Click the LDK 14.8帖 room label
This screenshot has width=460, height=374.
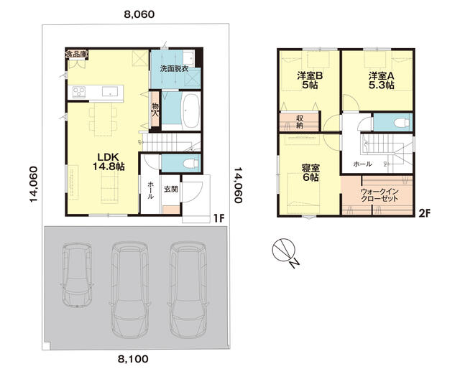tap(109, 162)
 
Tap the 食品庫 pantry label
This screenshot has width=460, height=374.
tap(76, 55)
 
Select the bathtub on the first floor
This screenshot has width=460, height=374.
tap(191, 111)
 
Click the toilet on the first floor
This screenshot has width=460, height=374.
tap(190, 163)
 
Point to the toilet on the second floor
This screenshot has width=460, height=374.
tap(401, 123)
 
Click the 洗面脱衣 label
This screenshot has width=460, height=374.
tap(174, 69)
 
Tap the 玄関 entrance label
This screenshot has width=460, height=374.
tap(171, 189)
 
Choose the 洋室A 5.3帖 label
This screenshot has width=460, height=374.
tap(382, 80)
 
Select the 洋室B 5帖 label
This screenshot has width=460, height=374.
tap(310, 80)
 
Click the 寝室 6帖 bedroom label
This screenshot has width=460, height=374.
tap(310, 172)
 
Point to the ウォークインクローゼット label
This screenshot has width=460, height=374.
tap(379, 195)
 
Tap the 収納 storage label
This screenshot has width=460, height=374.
tap(299, 122)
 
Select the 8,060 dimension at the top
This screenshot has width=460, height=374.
tap(139, 14)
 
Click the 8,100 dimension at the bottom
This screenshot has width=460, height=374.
tap(133, 359)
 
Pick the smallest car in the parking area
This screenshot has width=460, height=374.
tap(77, 274)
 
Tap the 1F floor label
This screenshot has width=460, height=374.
tap(218, 218)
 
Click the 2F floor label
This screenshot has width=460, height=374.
tap(424, 214)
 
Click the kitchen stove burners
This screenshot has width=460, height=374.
tap(78, 92)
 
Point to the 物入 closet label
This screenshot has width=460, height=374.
tap(155, 109)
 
